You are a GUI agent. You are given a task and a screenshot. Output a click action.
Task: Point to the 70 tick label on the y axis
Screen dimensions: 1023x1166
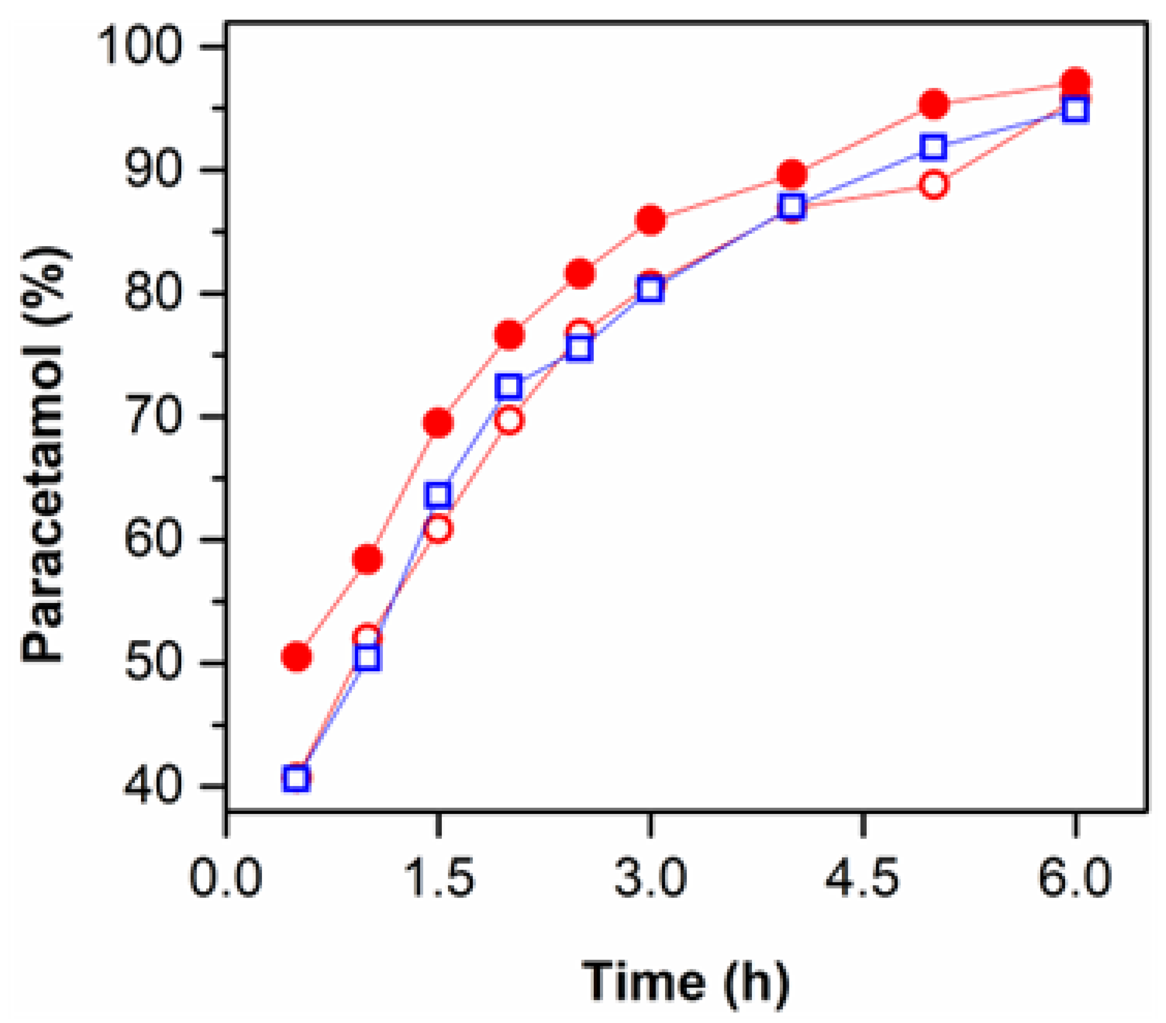click(153, 417)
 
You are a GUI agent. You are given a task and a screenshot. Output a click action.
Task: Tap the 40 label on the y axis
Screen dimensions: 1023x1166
click(153, 787)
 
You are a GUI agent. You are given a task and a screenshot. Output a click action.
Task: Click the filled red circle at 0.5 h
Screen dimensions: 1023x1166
click(297, 657)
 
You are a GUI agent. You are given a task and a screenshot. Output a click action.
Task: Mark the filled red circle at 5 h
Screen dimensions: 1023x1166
click(934, 104)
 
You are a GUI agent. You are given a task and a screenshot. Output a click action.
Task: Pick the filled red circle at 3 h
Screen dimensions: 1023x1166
click(650, 220)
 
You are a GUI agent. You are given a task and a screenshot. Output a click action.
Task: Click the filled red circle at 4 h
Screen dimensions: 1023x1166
click(792, 174)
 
